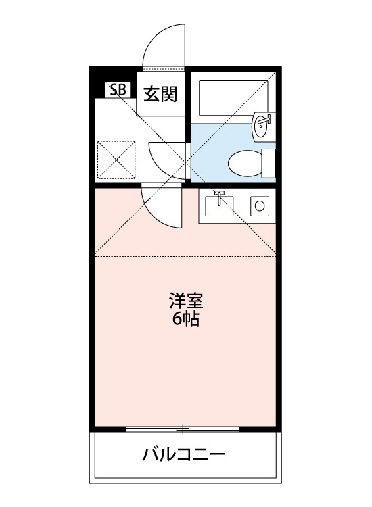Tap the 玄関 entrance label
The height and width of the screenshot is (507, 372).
160,93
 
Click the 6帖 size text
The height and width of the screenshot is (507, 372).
185,319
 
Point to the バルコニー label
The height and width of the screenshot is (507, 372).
183,454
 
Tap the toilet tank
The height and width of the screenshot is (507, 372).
269,162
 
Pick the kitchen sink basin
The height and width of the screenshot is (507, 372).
218,206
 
